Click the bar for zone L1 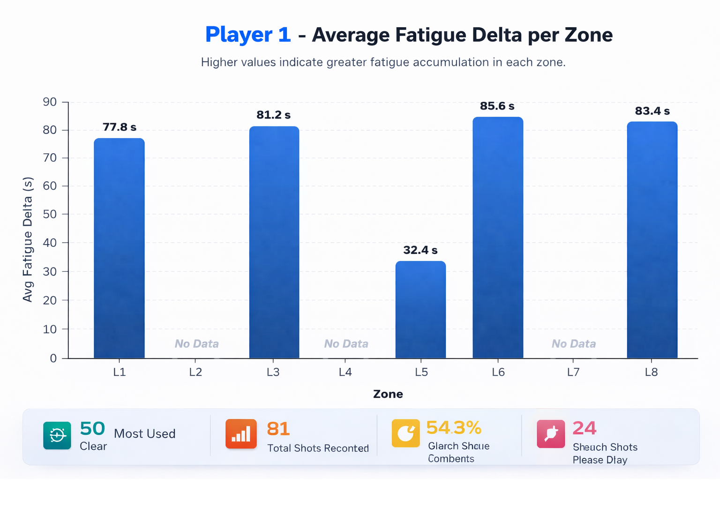[x=119, y=248]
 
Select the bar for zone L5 [x=420, y=310]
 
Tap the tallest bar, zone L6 [x=498, y=238]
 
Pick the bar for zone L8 [x=652, y=240]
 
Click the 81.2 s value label [x=273, y=115]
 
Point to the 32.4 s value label [x=420, y=250]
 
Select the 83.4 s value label [x=652, y=111]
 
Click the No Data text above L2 [x=196, y=344]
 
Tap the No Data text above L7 [x=573, y=344]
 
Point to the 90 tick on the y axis [x=50, y=102]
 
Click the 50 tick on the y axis [x=50, y=214]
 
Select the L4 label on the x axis [x=345, y=372]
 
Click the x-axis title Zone [x=388, y=394]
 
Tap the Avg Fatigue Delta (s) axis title [x=28, y=239]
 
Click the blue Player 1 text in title [x=248, y=35]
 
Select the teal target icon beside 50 [x=57, y=435]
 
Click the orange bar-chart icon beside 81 [x=241, y=434]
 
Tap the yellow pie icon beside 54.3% [x=405, y=433]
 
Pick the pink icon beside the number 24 [x=551, y=434]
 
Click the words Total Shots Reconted [x=318, y=448]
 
